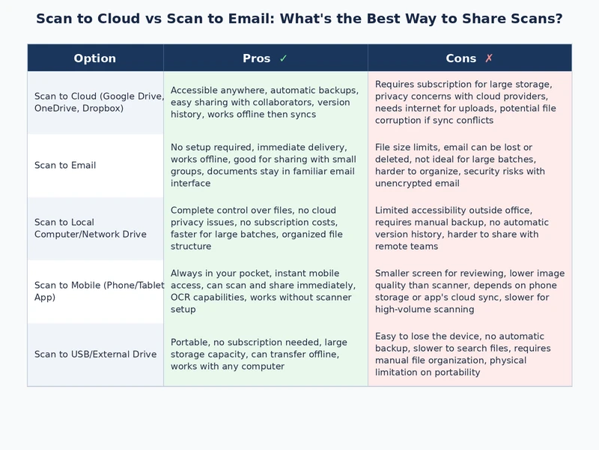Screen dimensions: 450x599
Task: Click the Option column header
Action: tap(95, 58)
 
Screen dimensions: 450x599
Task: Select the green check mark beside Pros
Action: tap(283, 58)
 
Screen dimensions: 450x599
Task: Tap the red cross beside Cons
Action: tap(489, 58)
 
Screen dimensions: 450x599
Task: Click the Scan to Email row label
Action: tap(65, 166)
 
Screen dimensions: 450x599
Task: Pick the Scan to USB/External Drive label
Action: tap(95, 355)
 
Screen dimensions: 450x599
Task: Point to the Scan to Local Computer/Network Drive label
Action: tap(90, 229)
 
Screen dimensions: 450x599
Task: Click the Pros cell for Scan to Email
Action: tap(265, 166)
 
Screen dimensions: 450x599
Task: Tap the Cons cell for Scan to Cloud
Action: tap(469, 103)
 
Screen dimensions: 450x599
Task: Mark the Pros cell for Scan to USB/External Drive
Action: tap(265, 355)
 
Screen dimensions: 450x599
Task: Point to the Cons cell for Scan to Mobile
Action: tap(469, 292)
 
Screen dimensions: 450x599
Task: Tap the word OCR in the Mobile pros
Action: tap(182, 298)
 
